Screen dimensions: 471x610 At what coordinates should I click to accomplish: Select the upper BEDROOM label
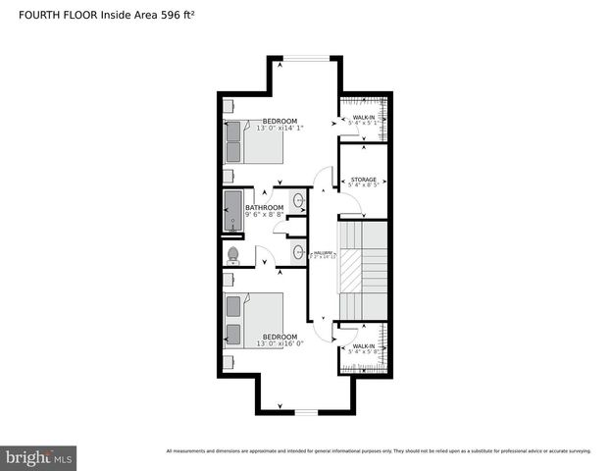coord(279,121)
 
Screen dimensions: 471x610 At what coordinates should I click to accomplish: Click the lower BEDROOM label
coord(279,337)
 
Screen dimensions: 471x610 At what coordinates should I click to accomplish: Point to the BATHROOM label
coord(264,208)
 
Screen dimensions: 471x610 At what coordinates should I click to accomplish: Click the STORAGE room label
coord(364,180)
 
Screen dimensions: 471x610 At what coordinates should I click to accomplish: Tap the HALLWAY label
coord(324,254)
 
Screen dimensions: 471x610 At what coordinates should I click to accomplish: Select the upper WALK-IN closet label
coord(364,118)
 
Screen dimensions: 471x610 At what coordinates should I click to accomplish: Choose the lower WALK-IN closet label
coord(364,346)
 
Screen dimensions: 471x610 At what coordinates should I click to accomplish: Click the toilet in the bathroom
coord(233,255)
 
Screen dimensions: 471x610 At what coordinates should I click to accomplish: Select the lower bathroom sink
coord(298,253)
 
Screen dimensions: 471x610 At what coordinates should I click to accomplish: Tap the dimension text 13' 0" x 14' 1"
coord(280,129)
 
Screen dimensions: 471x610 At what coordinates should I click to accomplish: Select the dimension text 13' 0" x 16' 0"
coord(280,344)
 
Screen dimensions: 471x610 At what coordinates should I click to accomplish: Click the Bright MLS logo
coord(39,457)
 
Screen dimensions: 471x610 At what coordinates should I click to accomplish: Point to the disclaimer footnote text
coord(379,451)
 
